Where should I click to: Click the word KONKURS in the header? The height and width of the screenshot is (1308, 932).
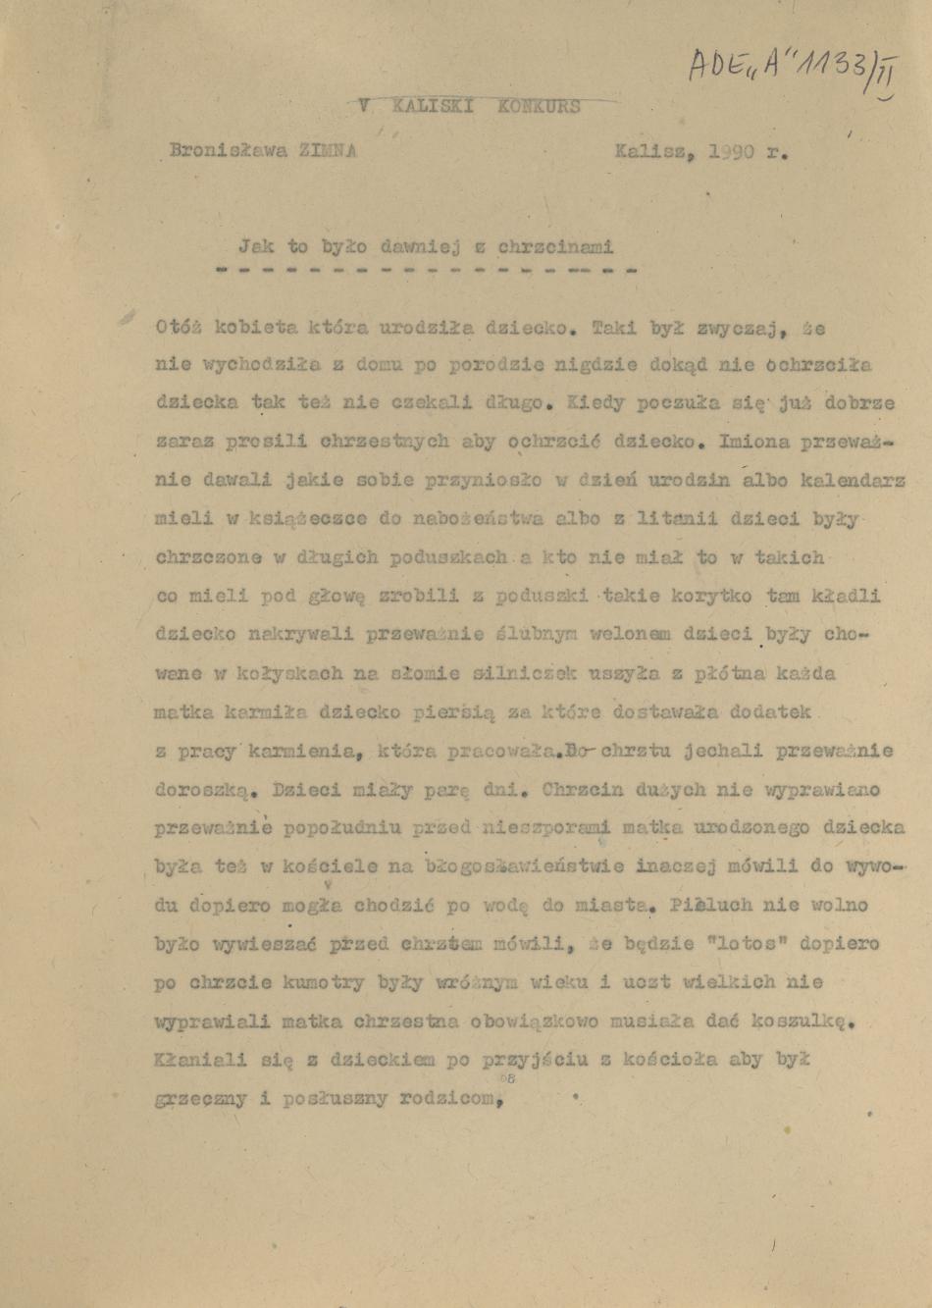[x=539, y=106]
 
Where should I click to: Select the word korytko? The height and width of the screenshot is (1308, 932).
[x=699, y=596]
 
